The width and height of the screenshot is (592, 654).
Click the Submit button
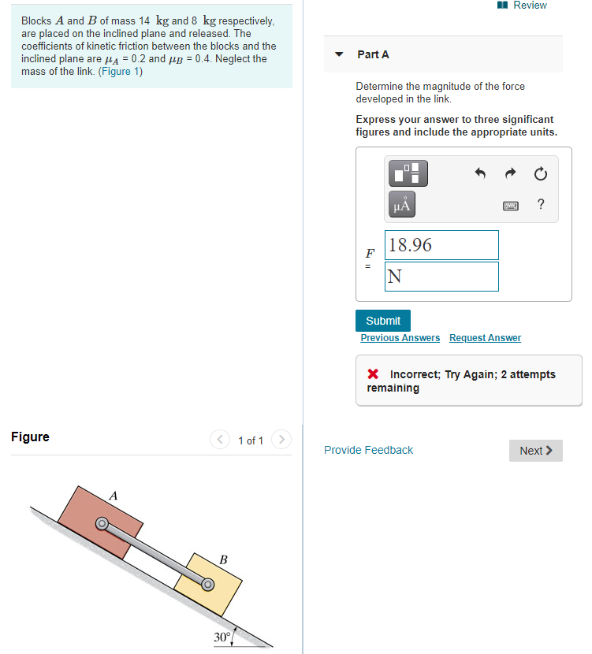(383, 321)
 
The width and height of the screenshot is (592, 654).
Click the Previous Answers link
(400, 338)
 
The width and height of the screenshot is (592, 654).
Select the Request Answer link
(485, 338)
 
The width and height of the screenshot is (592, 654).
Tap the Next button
(535, 451)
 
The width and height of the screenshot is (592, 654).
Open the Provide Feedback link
(368, 450)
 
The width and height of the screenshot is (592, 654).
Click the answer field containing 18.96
(441, 245)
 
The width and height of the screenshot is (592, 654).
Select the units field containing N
(441, 277)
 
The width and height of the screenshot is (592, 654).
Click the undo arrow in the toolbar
(480, 173)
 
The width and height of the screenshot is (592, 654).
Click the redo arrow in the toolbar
(510, 173)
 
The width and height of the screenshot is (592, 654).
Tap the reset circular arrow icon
(540, 173)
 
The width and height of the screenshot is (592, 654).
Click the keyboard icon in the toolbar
(511, 206)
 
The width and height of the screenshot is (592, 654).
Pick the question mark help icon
(540, 205)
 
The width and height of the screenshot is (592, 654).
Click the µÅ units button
(401, 206)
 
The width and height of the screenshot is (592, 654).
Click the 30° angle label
(222, 636)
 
